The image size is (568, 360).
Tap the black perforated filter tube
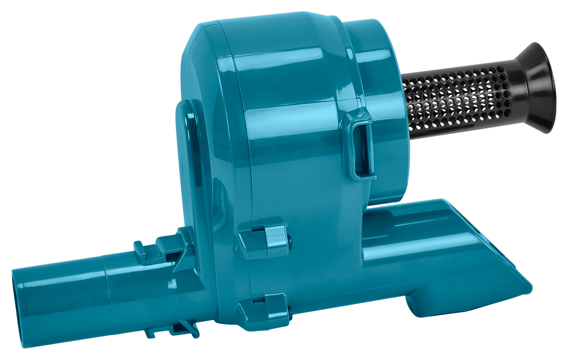coord(455,100)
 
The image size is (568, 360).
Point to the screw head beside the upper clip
coord(290,240)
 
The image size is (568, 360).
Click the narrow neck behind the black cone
coord(513,92)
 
